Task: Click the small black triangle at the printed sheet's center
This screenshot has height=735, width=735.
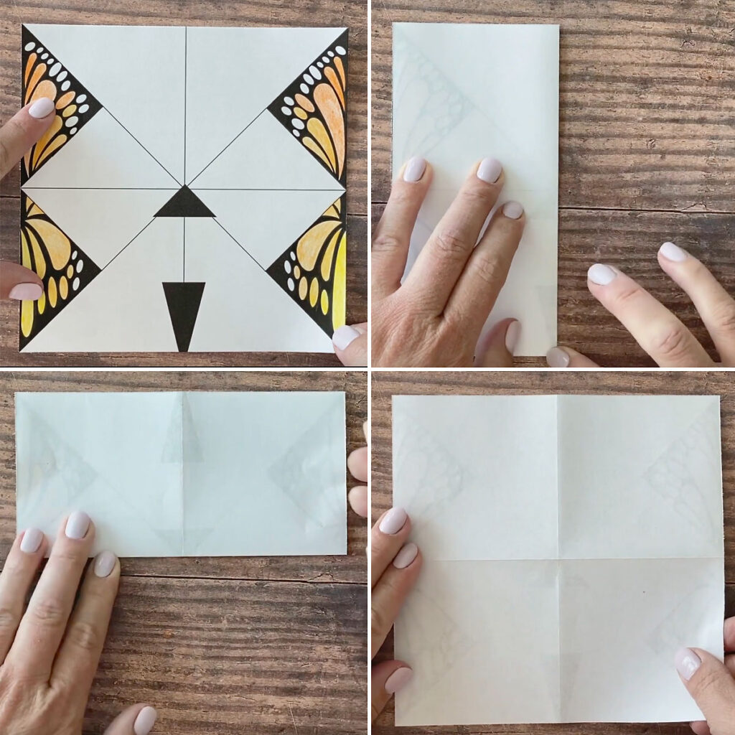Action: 184,204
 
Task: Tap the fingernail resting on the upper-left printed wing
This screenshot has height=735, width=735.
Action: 41,108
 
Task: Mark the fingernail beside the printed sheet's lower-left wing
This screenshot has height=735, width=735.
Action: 26,291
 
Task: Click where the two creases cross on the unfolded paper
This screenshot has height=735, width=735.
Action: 558,560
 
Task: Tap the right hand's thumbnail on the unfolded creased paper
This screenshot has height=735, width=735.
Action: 687,663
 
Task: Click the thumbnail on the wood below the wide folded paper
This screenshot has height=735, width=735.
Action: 144,719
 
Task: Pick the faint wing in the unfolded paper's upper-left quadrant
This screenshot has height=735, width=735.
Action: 431,459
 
